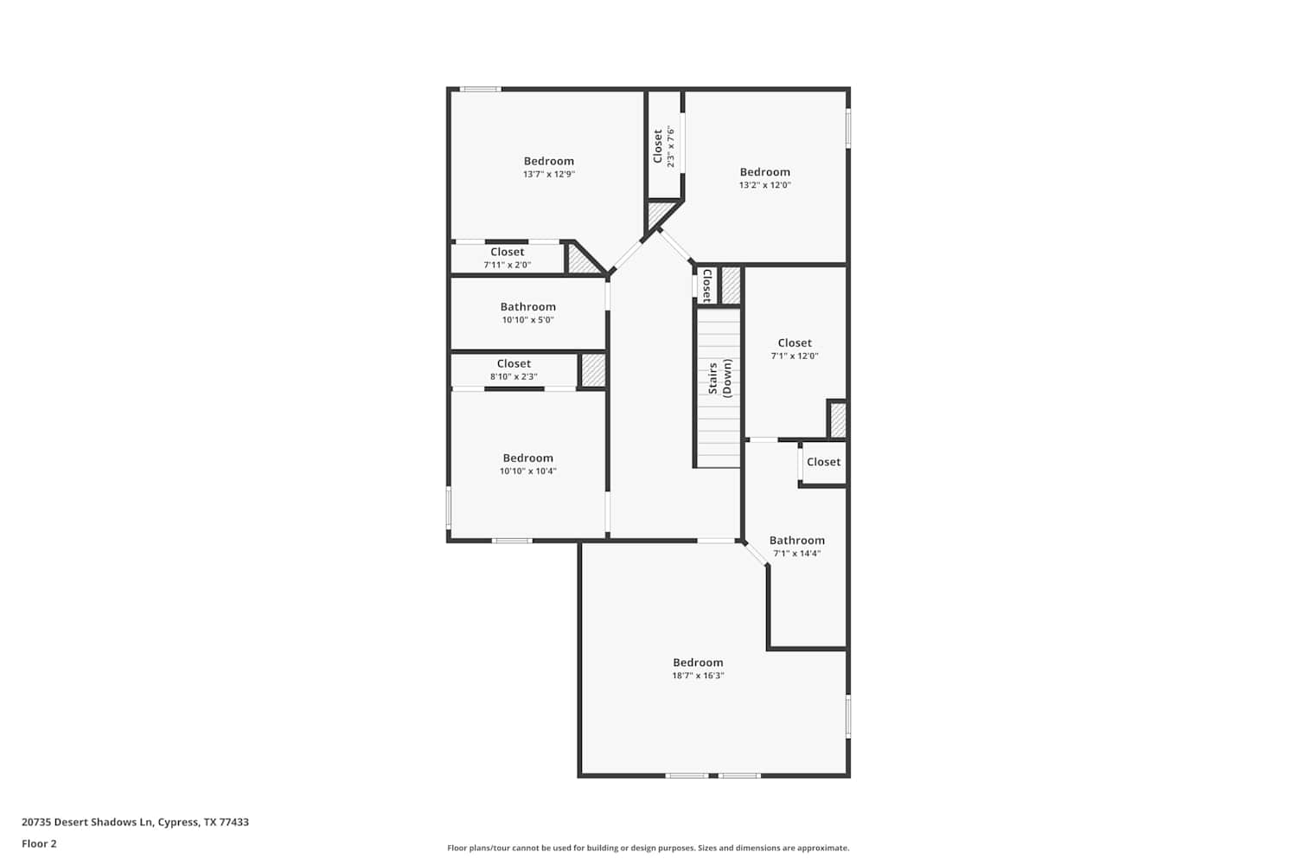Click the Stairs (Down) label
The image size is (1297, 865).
tap(719, 378)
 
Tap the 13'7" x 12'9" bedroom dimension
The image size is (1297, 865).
tap(549, 174)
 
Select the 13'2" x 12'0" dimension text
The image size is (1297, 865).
tap(765, 185)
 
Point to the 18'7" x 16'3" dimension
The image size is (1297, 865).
tap(698, 675)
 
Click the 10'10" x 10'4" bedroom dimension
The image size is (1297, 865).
tap(528, 471)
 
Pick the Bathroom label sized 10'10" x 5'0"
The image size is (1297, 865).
tap(528, 306)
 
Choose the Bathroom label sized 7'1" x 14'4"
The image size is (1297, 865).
tap(796, 540)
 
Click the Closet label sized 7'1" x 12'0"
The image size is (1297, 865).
tap(795, 343)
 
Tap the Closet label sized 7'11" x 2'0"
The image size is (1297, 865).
tap(508, 252)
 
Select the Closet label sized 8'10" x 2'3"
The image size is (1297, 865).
tap(514, 363)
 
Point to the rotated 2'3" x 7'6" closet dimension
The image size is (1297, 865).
tap(670, 146)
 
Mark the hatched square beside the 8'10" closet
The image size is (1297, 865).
tap(593, 370)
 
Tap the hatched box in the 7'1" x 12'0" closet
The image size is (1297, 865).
tap(838, 420)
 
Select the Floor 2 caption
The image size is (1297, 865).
tap(40, 843)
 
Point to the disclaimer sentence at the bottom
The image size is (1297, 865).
tap(648, 848)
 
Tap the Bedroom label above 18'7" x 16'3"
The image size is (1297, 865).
tap(698, 663)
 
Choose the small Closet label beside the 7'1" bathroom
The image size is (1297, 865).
tap(823, 462)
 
